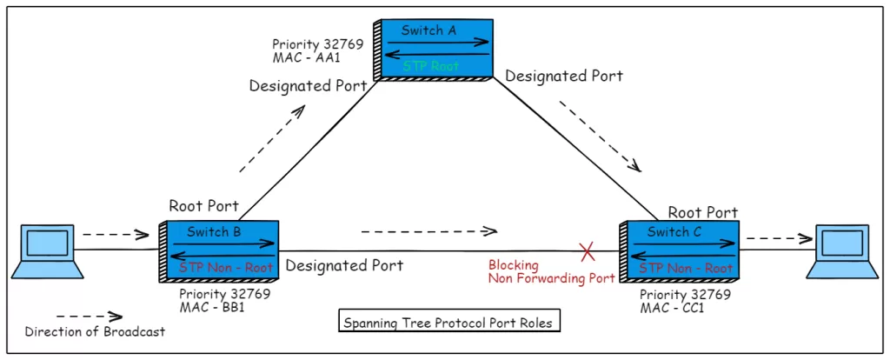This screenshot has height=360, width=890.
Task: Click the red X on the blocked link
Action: click(x=588, y=252)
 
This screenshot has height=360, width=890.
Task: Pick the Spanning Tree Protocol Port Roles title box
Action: click(x=447, y=323)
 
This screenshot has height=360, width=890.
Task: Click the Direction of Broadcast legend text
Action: click(x=95, y=331)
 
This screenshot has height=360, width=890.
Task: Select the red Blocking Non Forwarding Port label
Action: click(x=551, y=271)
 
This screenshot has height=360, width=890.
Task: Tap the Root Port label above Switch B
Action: click(x=203, y=206)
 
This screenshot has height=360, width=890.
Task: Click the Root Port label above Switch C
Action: click(x=702, y=212)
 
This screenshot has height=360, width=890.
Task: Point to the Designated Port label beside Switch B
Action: click(x=344, y=264)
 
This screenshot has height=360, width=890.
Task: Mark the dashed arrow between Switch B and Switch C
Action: click(x=428, y=230)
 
